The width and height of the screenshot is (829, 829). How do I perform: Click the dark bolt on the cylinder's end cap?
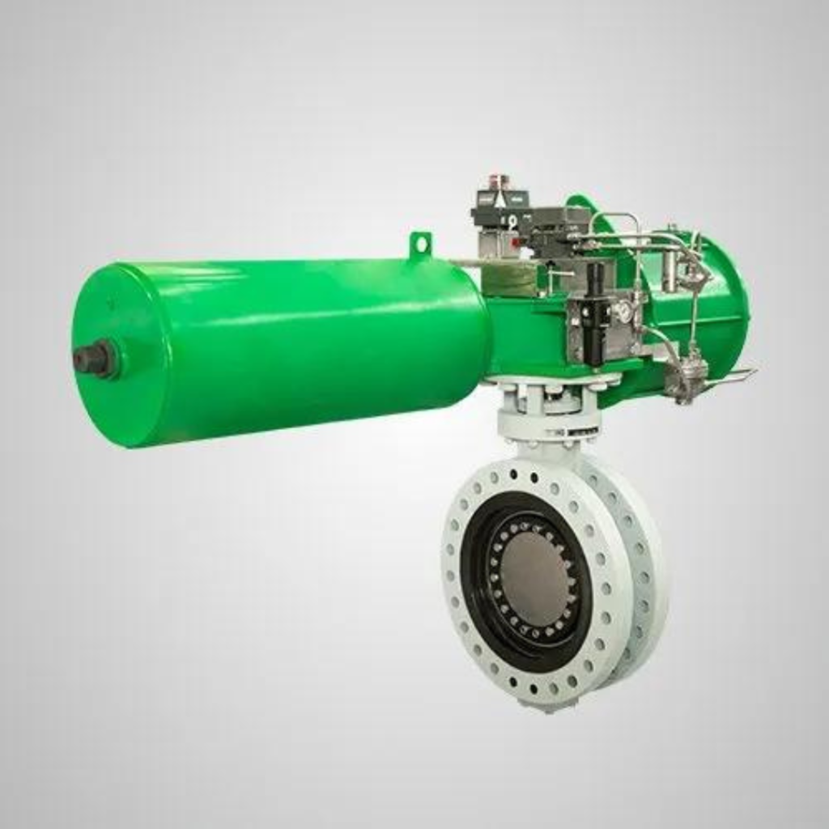click(96, 359)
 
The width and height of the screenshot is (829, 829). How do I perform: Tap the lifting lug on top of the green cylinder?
click(420, 244)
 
